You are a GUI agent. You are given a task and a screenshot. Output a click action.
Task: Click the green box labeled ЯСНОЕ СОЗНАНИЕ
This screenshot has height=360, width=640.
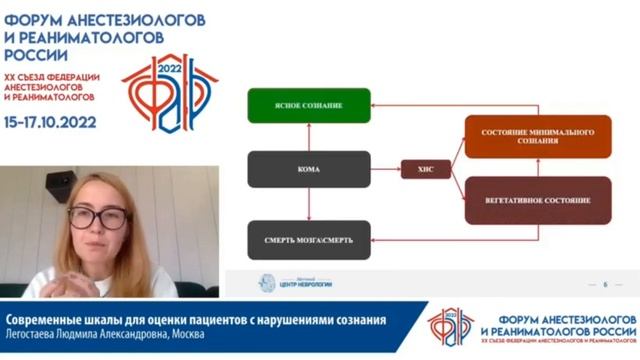coord(309,105)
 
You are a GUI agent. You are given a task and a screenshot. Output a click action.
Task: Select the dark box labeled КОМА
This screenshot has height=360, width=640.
coord(309,170)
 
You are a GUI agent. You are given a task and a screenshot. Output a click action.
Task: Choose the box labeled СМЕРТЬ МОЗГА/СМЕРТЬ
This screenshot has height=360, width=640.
coord(309,240)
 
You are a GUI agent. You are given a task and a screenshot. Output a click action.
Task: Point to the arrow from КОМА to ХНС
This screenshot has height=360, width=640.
coord(385,170)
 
